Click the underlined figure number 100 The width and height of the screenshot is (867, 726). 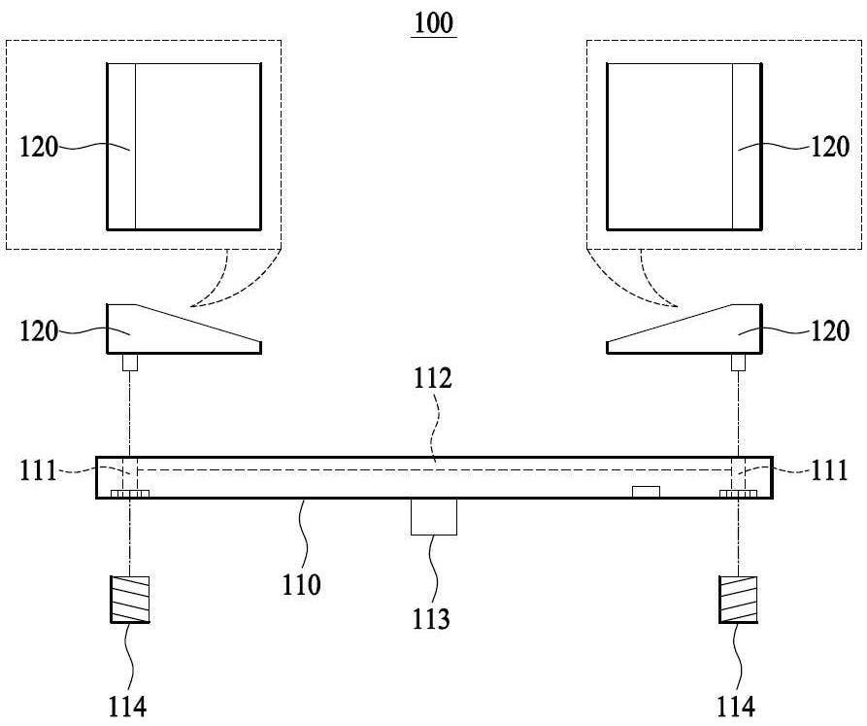[x=434, y=23]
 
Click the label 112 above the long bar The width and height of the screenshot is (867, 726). [x=433, y=378]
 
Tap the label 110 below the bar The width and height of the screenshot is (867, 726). [x=301, y=585]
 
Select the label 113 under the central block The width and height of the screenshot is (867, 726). [x=431, y=619]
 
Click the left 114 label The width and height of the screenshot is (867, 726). [x=127, y=707]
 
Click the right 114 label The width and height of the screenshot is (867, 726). [x=736, y=707]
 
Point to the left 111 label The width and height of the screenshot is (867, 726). [x=38, y=471]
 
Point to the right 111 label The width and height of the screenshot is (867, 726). [x=829, y=471]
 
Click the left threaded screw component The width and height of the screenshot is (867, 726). [x=130, y=600]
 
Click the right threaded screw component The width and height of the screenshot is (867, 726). [x=738, y=600]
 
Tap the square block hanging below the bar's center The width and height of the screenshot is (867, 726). [x=434, y=516]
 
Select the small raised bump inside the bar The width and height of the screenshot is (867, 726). [x=646, y=492]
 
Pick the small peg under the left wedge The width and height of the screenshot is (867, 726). [x=130, y=363]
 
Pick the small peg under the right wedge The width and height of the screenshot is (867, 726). [x=738, y=363]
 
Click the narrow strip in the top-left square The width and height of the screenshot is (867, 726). [x=121, y=147]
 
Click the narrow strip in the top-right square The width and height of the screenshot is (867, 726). [x=748, y=147]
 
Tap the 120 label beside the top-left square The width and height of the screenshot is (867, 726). [x=39, y=147]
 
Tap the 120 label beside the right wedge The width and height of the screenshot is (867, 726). [x=830, y=330]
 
